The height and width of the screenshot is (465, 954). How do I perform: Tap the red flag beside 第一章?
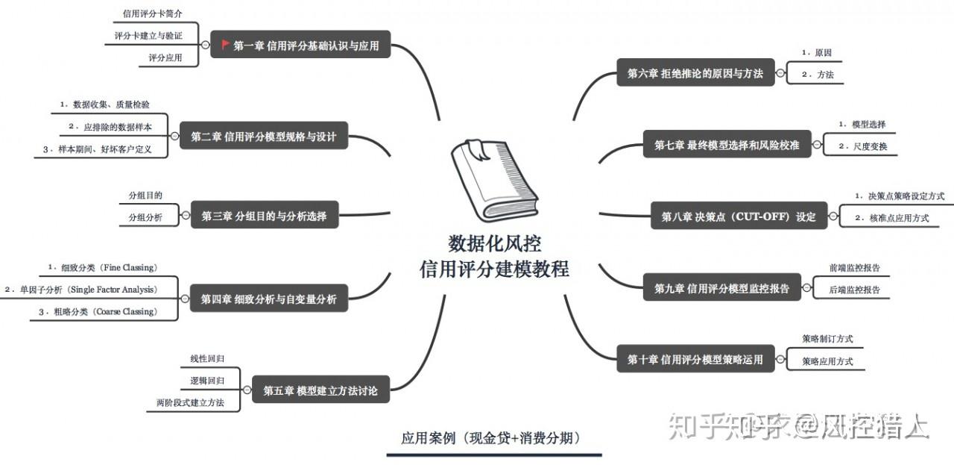(x=226, y=45)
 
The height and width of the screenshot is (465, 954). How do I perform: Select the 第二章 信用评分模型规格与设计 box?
(x=264, y=137)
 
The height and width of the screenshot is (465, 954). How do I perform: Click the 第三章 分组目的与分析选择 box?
(x=264, y=216)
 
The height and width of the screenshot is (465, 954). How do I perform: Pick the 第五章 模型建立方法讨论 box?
(x=320, y=390)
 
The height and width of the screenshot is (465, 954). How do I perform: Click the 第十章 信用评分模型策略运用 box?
(x=695, y=359)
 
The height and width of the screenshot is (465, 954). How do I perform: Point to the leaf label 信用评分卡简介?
(x=152, y=14)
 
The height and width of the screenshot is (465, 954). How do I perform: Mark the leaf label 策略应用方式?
(x=827, y=361)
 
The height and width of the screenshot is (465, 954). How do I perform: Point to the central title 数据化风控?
(x=494, y=244)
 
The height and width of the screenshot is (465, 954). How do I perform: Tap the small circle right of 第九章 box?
(x=807, y=287)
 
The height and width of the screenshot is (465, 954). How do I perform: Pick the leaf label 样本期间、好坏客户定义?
(x=104, y=149)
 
